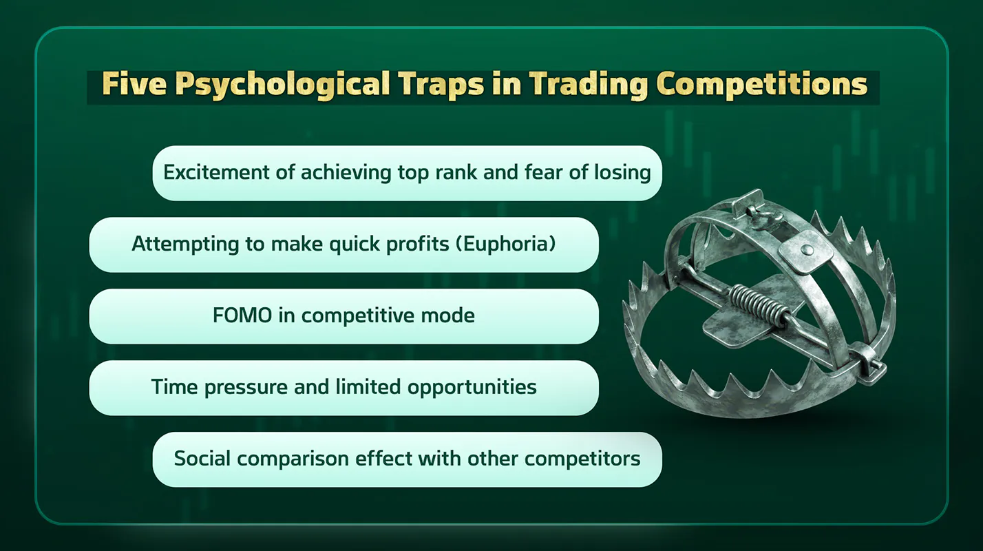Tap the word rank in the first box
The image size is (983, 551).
[456, 172]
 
